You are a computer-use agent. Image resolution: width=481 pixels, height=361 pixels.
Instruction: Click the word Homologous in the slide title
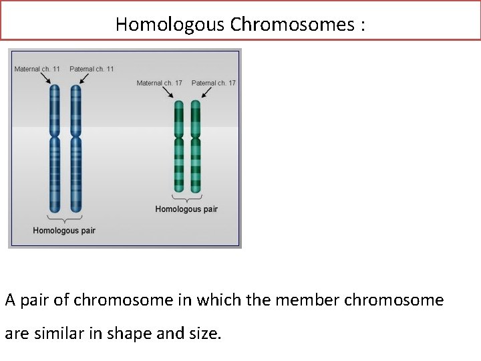pyautogui.click(x=170, y=25)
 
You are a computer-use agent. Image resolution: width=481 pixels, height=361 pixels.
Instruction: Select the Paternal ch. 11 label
pyautogui.click(x=92, y=69)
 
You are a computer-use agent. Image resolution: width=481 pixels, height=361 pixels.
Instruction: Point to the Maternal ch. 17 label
pyautogui.click(x=159, y=83)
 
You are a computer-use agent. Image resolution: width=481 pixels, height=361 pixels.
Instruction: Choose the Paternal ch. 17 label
pyautogui.click(x=213, y=83)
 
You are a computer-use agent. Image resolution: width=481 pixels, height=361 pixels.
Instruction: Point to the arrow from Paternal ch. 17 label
pyautogui.click(x=200, y=94)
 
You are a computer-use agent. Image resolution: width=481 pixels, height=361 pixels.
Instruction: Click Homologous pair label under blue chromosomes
pyautogui.click(x=64, y=231)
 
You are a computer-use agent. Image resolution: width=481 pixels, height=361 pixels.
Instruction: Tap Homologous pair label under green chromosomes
pyautogui.click(x=186, y=209)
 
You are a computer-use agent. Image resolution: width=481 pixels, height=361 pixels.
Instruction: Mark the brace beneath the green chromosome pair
pyautogui.click(x=186, y=197)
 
